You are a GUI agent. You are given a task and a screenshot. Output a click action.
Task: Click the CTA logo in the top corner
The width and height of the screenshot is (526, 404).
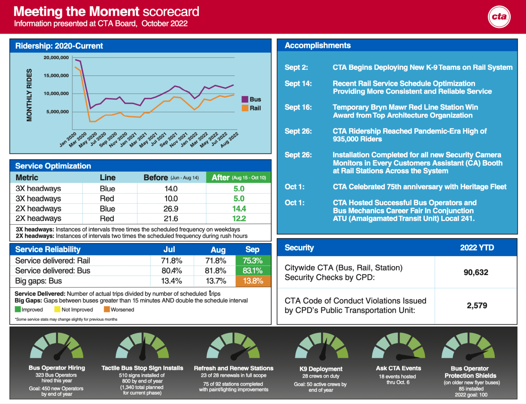(x=499, y=17)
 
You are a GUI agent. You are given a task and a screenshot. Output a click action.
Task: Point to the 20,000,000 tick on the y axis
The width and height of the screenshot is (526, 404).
(x=56, y=57)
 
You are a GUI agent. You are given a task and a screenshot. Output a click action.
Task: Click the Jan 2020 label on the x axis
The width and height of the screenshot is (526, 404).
(x=68, y=140)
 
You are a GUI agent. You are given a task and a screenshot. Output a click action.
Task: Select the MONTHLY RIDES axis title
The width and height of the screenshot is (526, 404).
(x=29, y=95)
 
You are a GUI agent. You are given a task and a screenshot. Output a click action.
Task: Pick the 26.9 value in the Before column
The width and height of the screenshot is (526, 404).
(x=171, y=209)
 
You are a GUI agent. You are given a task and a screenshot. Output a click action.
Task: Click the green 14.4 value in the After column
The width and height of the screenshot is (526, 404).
(x=239, y=209)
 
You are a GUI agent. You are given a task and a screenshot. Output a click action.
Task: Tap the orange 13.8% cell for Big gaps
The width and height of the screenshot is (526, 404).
(x=253, y=281)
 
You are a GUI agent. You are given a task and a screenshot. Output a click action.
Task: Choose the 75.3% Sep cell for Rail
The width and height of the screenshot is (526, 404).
(x=253, y=261)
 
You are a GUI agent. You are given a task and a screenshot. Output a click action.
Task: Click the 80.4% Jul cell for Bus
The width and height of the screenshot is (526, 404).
(x=171, y=271)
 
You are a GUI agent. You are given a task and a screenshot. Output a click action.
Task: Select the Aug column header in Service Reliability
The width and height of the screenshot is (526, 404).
(x=218, y=250)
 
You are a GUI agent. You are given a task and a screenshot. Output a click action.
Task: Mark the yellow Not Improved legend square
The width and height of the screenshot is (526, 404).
(x=58, y=310)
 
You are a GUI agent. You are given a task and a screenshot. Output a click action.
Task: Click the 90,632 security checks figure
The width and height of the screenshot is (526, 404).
(x=476, y=272)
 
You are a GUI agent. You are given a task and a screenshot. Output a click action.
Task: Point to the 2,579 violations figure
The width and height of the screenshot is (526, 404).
(x=477, y=305)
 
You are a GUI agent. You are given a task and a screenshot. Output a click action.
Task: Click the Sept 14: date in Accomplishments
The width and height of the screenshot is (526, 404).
(x=298, y=84)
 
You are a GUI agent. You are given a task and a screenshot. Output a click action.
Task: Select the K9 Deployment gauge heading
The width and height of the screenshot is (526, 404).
(x=321, y=369)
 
